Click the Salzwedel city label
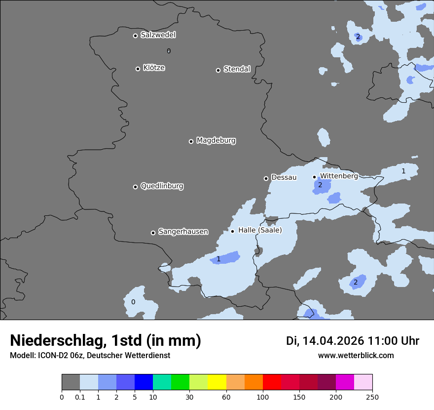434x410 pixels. [158, 35]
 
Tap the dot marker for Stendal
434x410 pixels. [218, 70]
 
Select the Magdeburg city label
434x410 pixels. [216, 141]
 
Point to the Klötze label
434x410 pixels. [154, 68]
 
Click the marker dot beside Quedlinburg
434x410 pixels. [135, 187]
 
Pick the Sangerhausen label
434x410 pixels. [183, 232]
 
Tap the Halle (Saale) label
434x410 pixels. [260, 230]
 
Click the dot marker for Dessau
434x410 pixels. [266, 178]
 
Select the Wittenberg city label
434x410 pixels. [339, 176]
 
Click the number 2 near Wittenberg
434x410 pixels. [320, 185]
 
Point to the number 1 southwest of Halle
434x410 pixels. [218, 259]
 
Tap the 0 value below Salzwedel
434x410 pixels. [169, 51]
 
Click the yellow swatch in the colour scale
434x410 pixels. [217, 382]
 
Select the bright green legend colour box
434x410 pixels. [181, 382]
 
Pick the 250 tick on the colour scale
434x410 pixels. [372, 397]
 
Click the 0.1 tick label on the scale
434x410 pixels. [80, 397]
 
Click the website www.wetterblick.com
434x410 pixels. [356, 356]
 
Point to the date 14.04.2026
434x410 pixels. [333, 341]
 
